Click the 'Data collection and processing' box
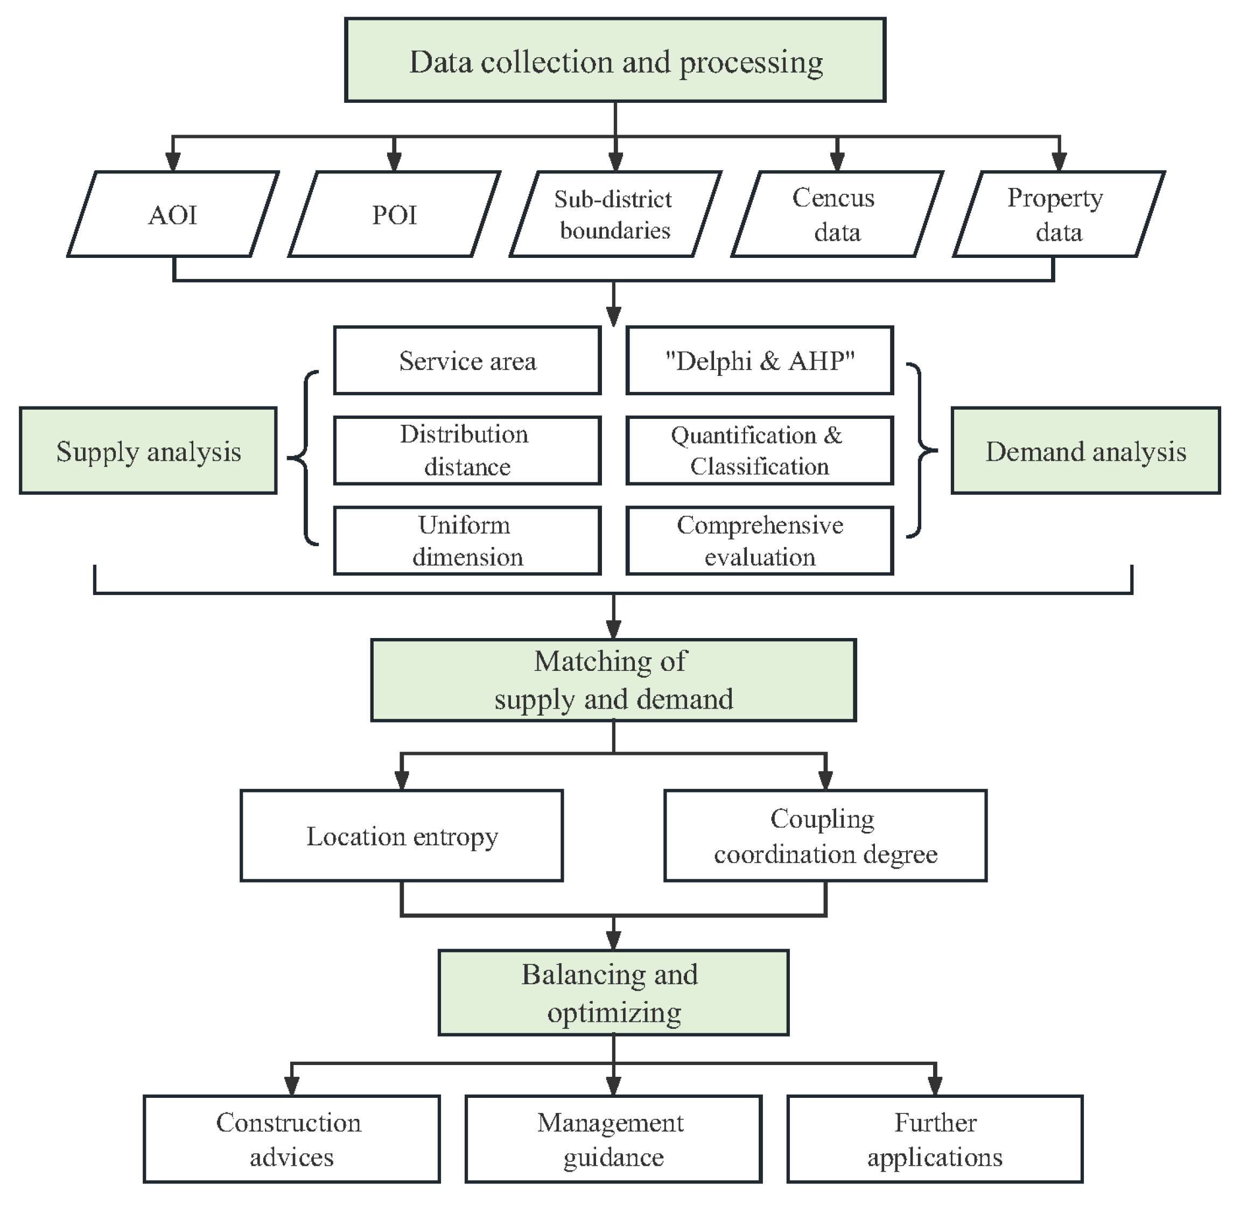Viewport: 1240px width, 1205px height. click(615, 60)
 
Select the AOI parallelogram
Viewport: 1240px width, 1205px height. click(173, 214)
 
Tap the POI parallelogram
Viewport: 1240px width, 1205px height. click(394, 214)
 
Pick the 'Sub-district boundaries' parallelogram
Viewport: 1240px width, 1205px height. click(615, 214)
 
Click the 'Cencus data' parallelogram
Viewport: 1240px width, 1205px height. click(837, 214)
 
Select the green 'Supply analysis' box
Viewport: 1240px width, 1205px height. click(148, 451)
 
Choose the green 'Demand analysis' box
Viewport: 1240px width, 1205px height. click(1085, 451)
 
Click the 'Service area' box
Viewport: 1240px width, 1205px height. click(467, 361)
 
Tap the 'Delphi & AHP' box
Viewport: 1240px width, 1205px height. click(760, 361)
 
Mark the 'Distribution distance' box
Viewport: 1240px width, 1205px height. click(467, 451)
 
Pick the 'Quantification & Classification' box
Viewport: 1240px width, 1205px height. click(760, 451)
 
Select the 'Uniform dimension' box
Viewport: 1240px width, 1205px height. click(467, 541)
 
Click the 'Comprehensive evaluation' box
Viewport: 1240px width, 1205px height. click(760, 541)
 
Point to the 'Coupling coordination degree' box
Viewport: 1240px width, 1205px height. click(825, 836)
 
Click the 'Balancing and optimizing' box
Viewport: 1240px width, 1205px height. click(613, 993)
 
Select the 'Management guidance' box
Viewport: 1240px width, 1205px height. click(613, 1140)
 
